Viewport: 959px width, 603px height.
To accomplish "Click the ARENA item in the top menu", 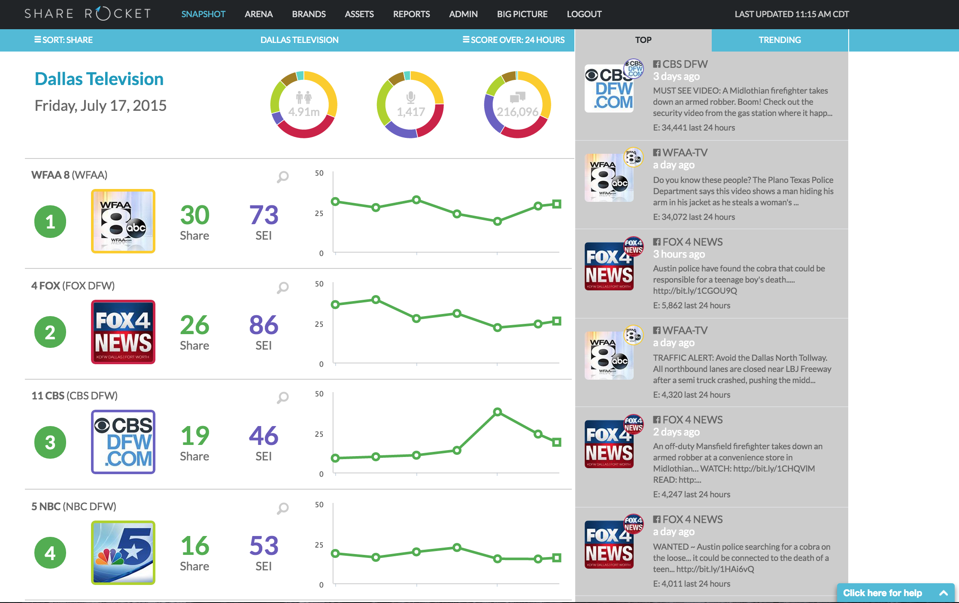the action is (x=258, y=14).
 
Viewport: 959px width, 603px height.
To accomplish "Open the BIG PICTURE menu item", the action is (x=522, y=14).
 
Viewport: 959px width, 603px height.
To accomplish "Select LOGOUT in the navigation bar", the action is (x=584, y=14).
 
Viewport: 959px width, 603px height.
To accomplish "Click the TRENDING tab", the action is (x=780, y=40).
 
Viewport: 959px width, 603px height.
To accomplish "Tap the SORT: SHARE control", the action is (x=64, y=40).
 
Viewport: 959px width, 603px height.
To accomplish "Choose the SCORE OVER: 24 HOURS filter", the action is (x=513, y=40).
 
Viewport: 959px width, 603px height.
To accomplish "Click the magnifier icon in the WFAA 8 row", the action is (x=282, y=177).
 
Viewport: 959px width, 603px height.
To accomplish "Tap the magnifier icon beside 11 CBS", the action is (x=282, y=398).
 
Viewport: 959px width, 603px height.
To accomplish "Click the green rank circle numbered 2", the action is (x=50, y=332).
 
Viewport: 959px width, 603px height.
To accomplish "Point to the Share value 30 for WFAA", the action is (x=194, y=215).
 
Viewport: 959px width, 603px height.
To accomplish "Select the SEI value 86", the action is (x=264, y=325).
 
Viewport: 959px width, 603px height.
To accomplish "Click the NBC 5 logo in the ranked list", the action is (x=123, y=553).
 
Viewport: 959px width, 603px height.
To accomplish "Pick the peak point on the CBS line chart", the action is (x=498, y=412).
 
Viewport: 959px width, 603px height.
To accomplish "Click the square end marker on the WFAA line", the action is (x=557, y=204).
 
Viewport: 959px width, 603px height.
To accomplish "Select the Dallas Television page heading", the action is (x=99, y=79).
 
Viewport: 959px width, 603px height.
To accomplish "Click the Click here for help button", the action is (x=895, y=593).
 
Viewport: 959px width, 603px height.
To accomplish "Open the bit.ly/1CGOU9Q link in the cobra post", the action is (x=695, y=291).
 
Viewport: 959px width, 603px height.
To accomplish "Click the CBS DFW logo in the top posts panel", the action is (x=609, y=88).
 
